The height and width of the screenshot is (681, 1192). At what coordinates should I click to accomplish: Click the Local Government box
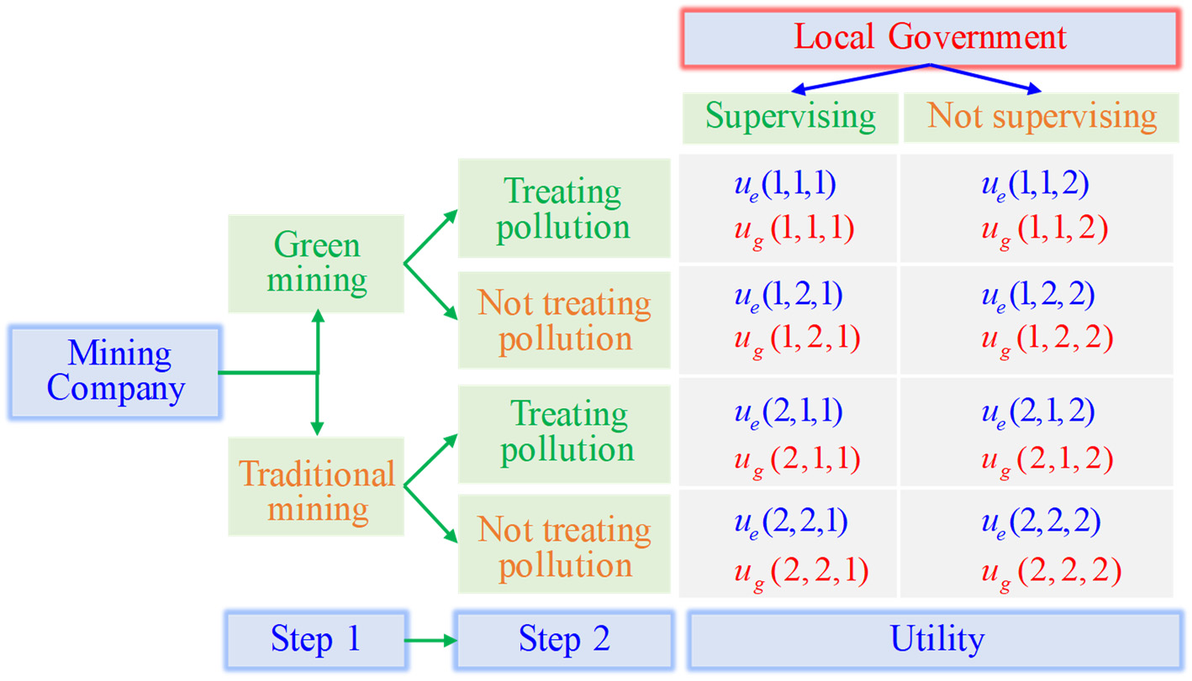tap(930, 38)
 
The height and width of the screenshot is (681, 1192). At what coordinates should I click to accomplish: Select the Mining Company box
tap(115, 372)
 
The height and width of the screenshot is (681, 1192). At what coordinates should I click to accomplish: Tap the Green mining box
tap(317, 263)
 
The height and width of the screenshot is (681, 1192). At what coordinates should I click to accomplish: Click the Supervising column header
tap(790, 117)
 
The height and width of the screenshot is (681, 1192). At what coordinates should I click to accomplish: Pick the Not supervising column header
tap(1042, 117)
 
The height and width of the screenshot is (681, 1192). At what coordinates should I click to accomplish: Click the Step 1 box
tap(315, 640)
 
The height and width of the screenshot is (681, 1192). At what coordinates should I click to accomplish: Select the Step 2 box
tap(564, 640)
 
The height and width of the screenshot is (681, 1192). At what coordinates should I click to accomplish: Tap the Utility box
tap(936, 640)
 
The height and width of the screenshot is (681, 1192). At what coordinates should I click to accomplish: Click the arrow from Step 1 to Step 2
tap(430, 641)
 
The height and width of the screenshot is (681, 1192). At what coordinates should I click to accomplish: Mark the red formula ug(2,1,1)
tap(793, 459)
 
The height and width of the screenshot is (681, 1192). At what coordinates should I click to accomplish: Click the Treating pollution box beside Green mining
tap(564, 208)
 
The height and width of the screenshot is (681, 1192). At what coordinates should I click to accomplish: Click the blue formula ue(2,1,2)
tap(1036, 411)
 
